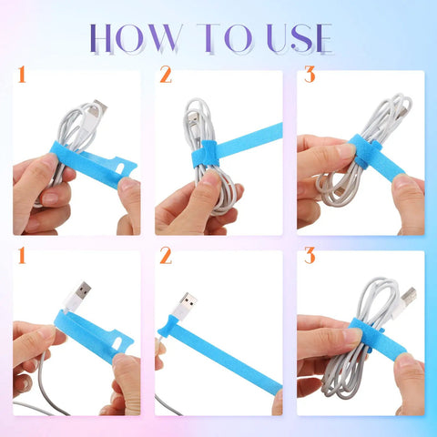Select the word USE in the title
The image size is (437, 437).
[x=300, y=38]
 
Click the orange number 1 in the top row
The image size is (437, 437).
[x=22, y=75]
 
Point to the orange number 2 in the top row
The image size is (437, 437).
[x=166, y=75]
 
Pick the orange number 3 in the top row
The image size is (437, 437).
[x=310, y=75]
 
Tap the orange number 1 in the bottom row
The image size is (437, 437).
[x=22, y=256]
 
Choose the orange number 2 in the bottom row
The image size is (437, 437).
[x=166, y=256]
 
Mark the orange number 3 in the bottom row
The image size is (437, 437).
[x=310, y=256]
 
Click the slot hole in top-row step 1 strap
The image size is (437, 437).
[x=120, y=168]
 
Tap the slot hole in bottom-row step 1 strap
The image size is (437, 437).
[x=117, y=343]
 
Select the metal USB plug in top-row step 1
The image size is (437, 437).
[x=99, y=107]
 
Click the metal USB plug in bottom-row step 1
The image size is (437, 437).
[x=81, y=290]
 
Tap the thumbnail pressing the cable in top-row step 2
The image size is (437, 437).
[x=211, y=178]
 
